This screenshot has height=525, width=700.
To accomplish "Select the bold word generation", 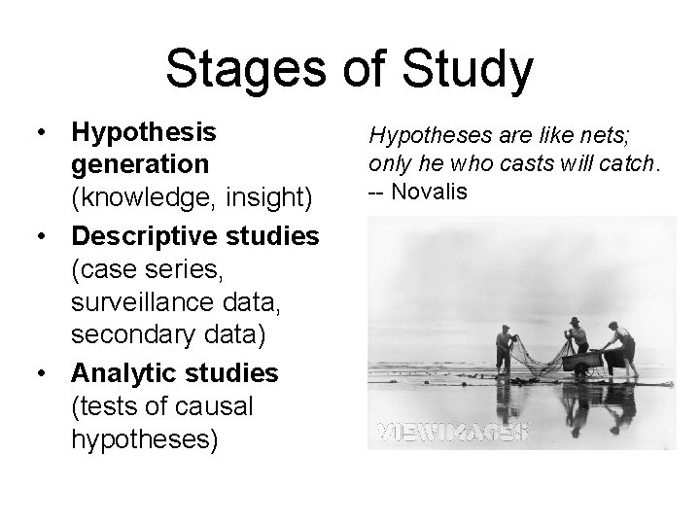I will (x=139, y=163).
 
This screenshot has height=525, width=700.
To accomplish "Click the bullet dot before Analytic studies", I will (x=39, y=373).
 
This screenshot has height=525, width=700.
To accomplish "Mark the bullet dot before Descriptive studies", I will (x=39, y=235).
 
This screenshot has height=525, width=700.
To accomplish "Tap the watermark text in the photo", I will (x=451, y=430).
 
